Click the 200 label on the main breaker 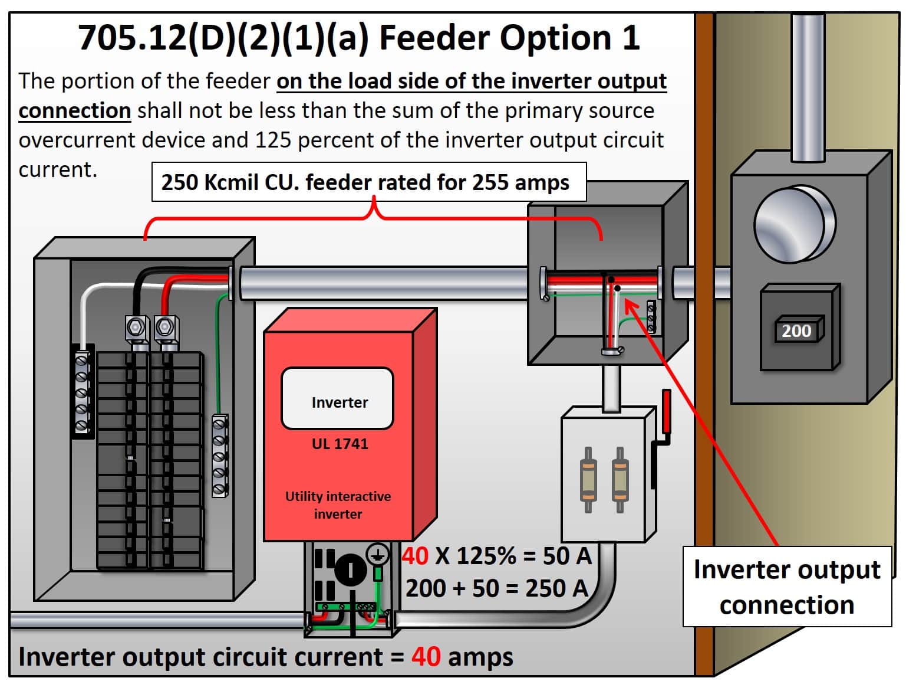click(796, 331)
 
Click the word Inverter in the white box click(339, 402)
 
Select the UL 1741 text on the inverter click(340, 444)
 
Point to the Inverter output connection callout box click(786, 587)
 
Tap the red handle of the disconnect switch click(666, 411)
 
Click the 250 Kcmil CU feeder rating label click(365, 182)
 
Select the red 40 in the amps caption click(426, 656)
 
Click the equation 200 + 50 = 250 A click(496, 588)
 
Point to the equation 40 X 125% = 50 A click(496, 556)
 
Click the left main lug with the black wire click(137, 327)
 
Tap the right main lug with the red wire click(166, 327)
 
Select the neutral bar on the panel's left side click(82, 392)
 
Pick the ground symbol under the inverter click(377, 555)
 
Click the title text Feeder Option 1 click(509, 38)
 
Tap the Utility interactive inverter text click(338, 505)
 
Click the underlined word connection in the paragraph click(74, 110)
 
